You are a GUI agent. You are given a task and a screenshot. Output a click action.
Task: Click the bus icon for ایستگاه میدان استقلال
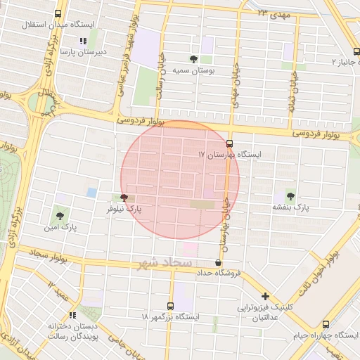(57, 13)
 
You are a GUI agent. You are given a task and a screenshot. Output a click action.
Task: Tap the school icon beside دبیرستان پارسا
(83, 41)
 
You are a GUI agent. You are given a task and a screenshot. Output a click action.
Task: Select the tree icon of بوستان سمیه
(193, 59)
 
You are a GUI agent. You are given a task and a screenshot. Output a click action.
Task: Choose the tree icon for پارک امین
(58, 215)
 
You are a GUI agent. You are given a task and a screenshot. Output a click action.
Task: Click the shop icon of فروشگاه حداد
(218, 262)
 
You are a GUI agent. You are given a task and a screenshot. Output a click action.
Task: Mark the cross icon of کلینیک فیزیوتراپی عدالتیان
(265, 296)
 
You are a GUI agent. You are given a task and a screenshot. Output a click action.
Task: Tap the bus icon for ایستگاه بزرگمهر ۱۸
(171, 306)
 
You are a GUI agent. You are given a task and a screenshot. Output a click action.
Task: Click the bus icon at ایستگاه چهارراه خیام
(326, 324)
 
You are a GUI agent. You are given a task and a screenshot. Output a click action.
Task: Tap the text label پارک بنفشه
(291, 208)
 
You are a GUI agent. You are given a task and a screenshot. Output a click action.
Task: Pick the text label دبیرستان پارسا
(82, 52)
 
